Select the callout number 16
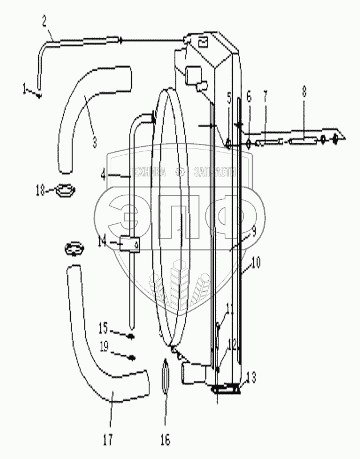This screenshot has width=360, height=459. tap(165, 440)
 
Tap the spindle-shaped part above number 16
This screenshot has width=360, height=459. tap(165, 376)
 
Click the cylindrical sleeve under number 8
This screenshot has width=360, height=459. tap(303, 140)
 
